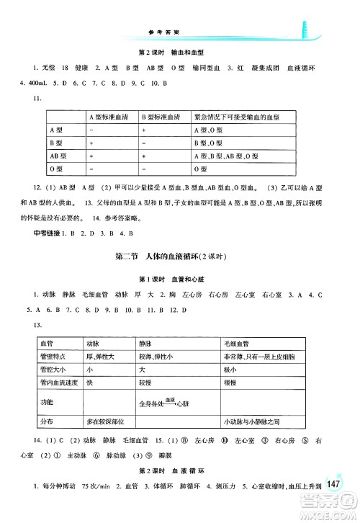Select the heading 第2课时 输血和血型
(176, 53)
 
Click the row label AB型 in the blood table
(58, 156)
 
